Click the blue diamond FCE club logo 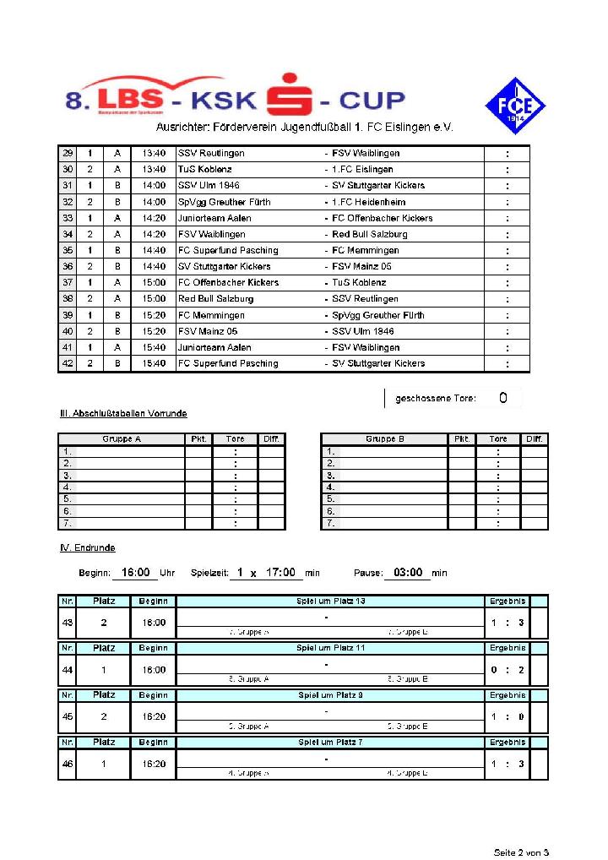point(514,106)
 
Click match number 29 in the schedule point(67,153)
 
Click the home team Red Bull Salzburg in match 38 point(215,298)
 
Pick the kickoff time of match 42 point(154,363)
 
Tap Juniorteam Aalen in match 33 point(214,218)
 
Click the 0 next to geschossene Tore point(502,398)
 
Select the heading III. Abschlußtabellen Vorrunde point(122,413)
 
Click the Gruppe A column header point(121,439)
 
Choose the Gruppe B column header point(384,439)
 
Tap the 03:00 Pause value point(408,573)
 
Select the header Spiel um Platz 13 point(331,601)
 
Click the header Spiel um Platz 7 point(331,742)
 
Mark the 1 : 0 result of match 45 point(508,716)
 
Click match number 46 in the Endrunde point(67,764)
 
